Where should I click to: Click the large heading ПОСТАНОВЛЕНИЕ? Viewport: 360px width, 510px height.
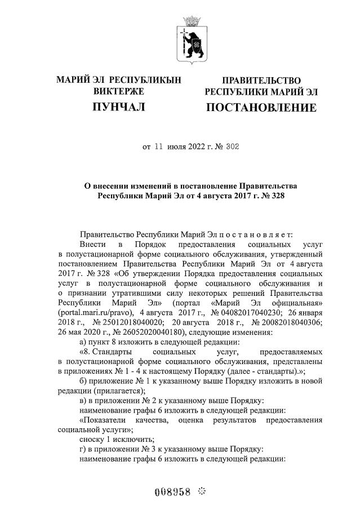261,107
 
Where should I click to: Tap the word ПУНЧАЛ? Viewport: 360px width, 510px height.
119,107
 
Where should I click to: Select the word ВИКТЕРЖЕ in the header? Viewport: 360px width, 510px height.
119,91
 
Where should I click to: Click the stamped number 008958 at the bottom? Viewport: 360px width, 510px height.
172,487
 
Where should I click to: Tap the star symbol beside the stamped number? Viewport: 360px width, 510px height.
202,487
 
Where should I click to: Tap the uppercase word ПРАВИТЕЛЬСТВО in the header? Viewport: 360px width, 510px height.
261,81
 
